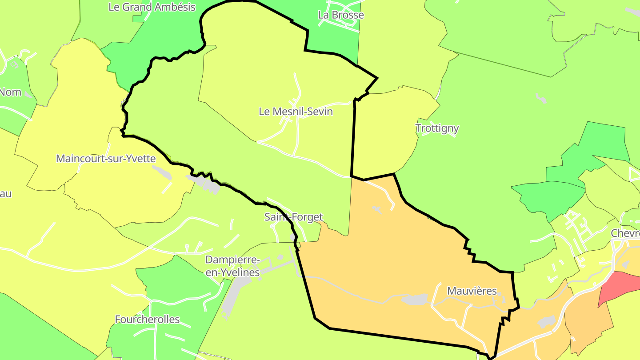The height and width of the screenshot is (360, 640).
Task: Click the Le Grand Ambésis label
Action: [152, 7]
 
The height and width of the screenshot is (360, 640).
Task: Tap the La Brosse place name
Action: [341, 15]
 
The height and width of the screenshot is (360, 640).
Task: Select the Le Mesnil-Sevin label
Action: [296, 112]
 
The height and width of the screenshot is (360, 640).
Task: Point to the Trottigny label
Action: [437, 128]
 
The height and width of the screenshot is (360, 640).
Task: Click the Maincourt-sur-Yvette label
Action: [106, 159]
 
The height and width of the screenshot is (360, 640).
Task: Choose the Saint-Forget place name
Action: [293, 217]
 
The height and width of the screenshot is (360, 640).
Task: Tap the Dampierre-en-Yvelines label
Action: [232, 266]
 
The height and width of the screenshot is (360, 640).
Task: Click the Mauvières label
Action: [472, 291]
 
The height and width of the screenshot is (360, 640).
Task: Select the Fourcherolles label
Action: [147, 320]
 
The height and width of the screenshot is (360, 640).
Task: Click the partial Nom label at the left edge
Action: [10, 92]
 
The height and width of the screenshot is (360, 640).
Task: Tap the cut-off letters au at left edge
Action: [6, 194]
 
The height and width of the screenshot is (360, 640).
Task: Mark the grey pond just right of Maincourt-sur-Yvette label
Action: [162, 172]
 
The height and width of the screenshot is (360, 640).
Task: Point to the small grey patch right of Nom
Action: [28, 94]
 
